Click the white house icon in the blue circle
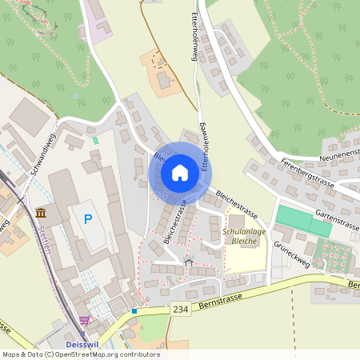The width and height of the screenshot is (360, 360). (179, 173)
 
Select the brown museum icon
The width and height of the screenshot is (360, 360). (41, 212)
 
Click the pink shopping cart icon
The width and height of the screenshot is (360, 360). (84, 321)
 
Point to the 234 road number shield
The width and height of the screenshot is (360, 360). (181, 310)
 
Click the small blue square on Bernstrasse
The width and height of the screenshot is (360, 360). (134, 311)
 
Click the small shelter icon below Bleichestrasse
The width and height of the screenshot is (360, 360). (189, 262)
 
